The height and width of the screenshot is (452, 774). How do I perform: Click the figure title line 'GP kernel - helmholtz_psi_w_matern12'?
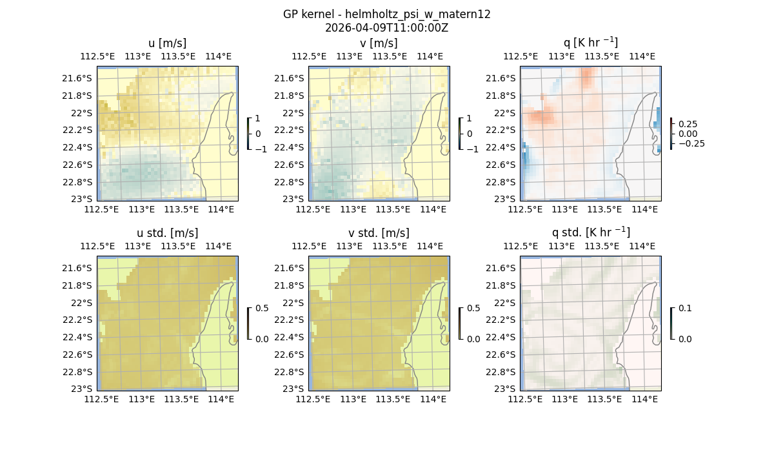click(386, 14)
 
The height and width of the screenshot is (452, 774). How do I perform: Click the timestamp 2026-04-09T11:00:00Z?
click(386, 28)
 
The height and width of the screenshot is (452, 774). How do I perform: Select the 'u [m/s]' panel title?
click(167, 43)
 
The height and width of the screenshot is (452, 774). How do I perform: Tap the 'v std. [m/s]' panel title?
click(379, 233)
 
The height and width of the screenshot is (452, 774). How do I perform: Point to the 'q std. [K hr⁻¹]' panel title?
click(590, 232)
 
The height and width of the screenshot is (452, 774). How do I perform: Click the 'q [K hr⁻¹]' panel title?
click(590, 43)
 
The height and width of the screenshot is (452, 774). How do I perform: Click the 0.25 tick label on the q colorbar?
click(687, 124)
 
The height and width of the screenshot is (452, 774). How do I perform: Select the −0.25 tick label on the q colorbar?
click(691, 143)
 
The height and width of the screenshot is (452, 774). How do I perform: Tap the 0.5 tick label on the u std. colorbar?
click(262, 308)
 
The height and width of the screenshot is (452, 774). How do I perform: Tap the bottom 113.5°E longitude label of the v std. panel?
click(393, 399)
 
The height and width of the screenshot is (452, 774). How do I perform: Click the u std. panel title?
click(167, 233)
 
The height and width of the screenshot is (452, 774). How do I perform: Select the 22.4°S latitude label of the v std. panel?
click(289, 337)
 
